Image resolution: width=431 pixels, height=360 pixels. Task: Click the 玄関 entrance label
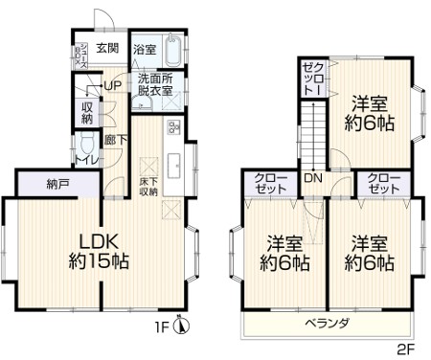coord(106,48)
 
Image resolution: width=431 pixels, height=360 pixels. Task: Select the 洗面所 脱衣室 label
coord(154,85)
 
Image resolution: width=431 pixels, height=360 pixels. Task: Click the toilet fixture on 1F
coord(86,146)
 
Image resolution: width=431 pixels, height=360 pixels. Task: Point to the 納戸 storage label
coord(58,185)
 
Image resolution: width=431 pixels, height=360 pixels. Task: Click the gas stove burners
coord(174,127)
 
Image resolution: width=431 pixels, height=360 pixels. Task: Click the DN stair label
coord(313,178)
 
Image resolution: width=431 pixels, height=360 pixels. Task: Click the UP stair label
coord(112,85)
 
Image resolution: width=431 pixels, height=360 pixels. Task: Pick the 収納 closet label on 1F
coord(87,112)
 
